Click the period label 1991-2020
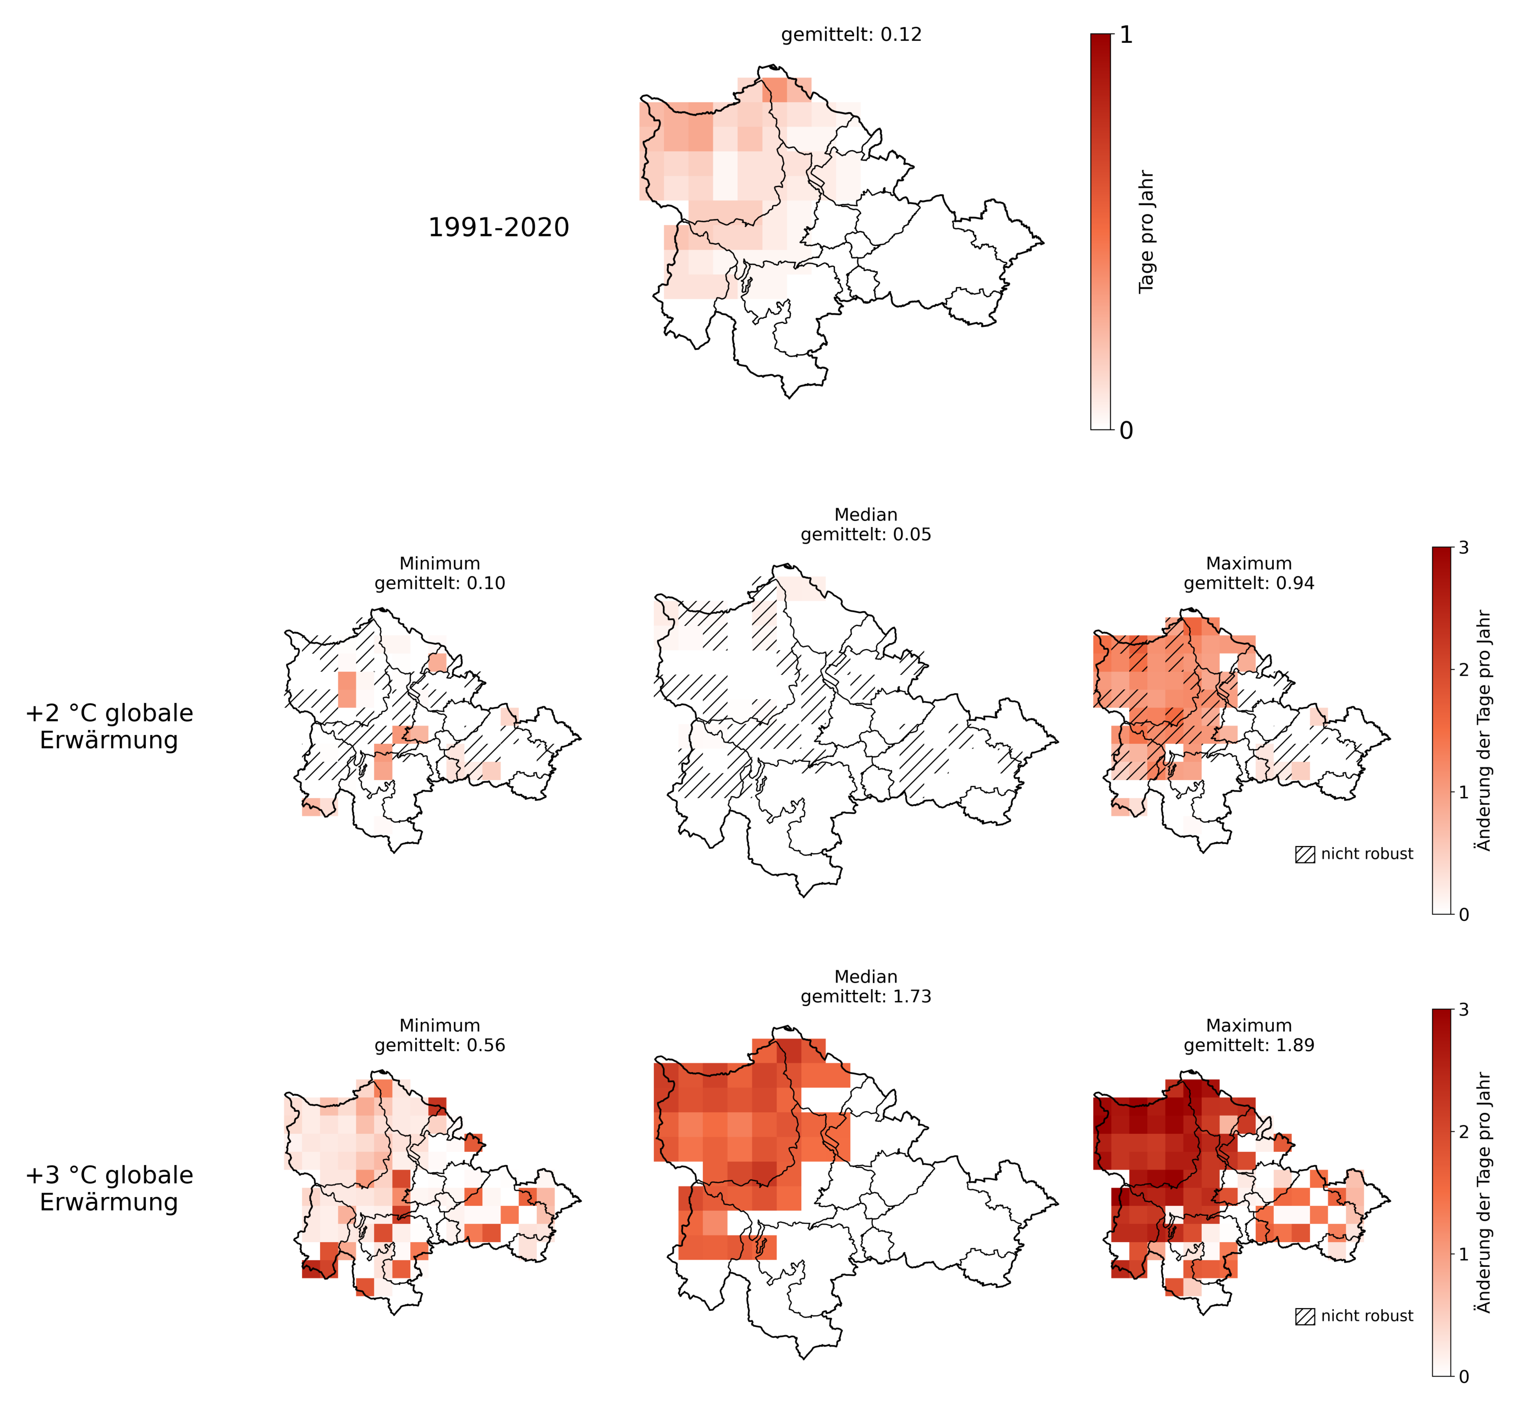(x=498, y=228)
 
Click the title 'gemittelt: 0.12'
(x=851, y=35)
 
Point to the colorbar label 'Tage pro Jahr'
(x=1146, y=232)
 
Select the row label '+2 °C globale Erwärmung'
(x=109, y=726)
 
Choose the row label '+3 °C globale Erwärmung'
(x=109, y=1188)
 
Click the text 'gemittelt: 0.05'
(x=866, y=535)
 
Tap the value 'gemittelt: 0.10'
(x=439, y=583)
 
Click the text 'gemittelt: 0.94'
(x=1248, y=583)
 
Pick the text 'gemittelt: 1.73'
(x=866, y=996)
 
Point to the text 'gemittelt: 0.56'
(x=439, y=1045)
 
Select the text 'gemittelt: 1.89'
(x=1248, y=1045)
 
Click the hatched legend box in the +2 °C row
(x=1305, y=854)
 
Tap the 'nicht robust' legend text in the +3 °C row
(x=1367, y=1316)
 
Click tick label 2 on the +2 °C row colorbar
(x=1463, y=669)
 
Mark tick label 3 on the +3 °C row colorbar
(x=1463, y=1010)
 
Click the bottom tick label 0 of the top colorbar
(x=1126, y=431)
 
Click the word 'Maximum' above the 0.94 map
(x=1248, y=563)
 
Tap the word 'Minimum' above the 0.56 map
(x=439, y=1025)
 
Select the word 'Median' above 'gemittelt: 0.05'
(x=866, y=515)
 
